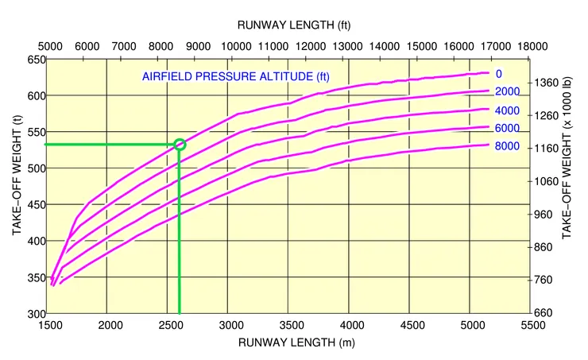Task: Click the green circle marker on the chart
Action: [180, 144]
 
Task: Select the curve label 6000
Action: [506, 128]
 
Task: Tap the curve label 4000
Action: [506, 110]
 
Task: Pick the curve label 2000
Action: [506, 91]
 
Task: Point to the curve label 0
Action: [499, 74]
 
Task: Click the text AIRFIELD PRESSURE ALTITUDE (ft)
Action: [226, 76]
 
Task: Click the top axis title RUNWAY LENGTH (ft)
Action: [293, 25]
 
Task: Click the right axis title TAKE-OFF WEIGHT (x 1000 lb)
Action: [567, 188]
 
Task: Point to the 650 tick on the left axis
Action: [36, 60]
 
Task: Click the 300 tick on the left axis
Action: [36, 313]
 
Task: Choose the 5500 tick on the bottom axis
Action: [531, 325]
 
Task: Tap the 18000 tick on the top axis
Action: [531, 47]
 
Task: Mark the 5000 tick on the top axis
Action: [48, 47]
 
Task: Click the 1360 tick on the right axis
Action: [548, 83]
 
